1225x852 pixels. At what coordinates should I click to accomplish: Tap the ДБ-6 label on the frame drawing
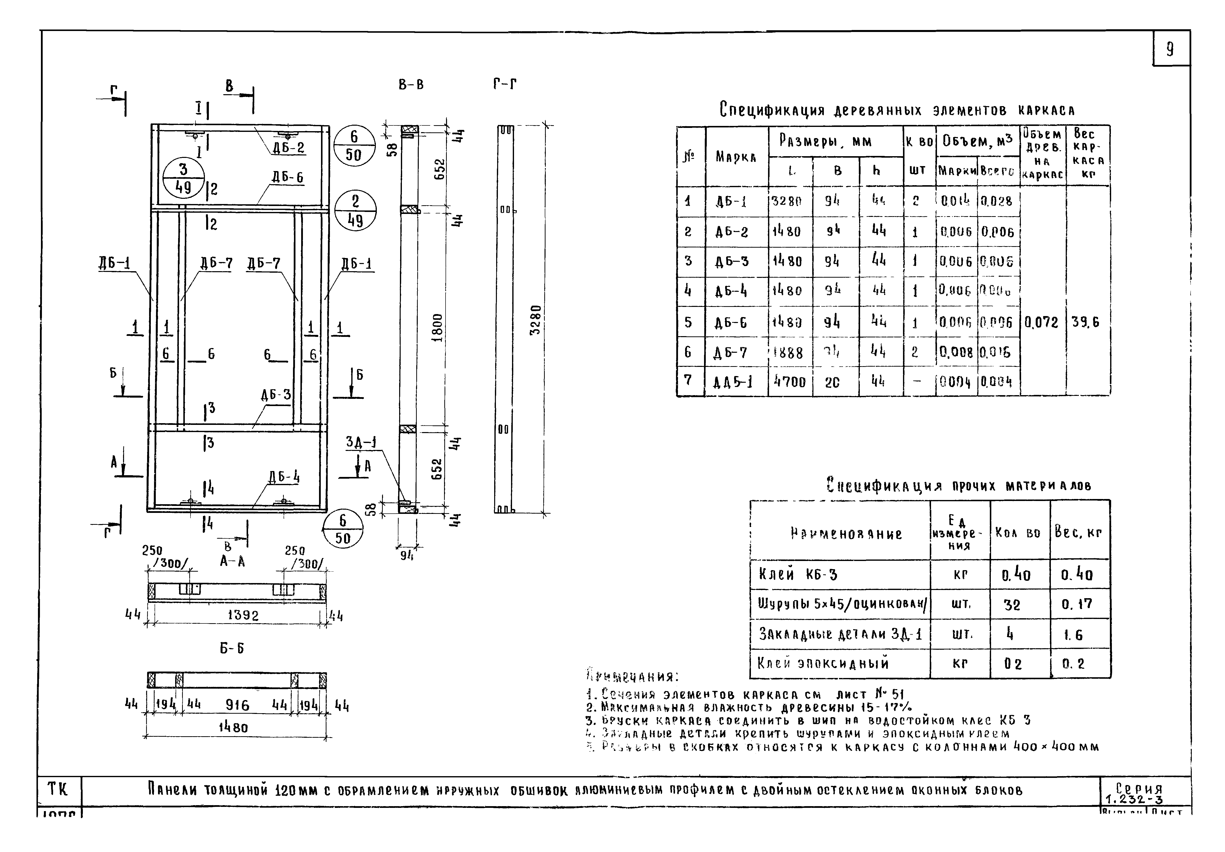[288, 177]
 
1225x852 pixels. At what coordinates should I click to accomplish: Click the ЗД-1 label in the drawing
[361, 442]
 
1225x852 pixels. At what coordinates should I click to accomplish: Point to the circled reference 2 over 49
[355, 211]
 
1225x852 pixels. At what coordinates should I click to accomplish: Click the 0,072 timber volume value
[1041, 322]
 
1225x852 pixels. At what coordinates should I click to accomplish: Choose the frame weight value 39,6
[1085, 322]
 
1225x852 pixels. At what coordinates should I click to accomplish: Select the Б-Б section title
[232, 648]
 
